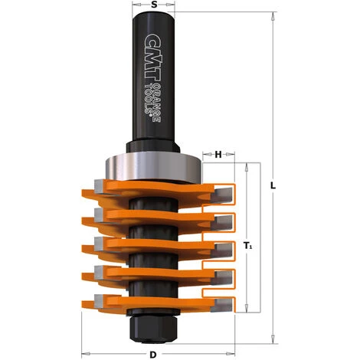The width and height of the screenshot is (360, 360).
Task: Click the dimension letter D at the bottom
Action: pos(154,355)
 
